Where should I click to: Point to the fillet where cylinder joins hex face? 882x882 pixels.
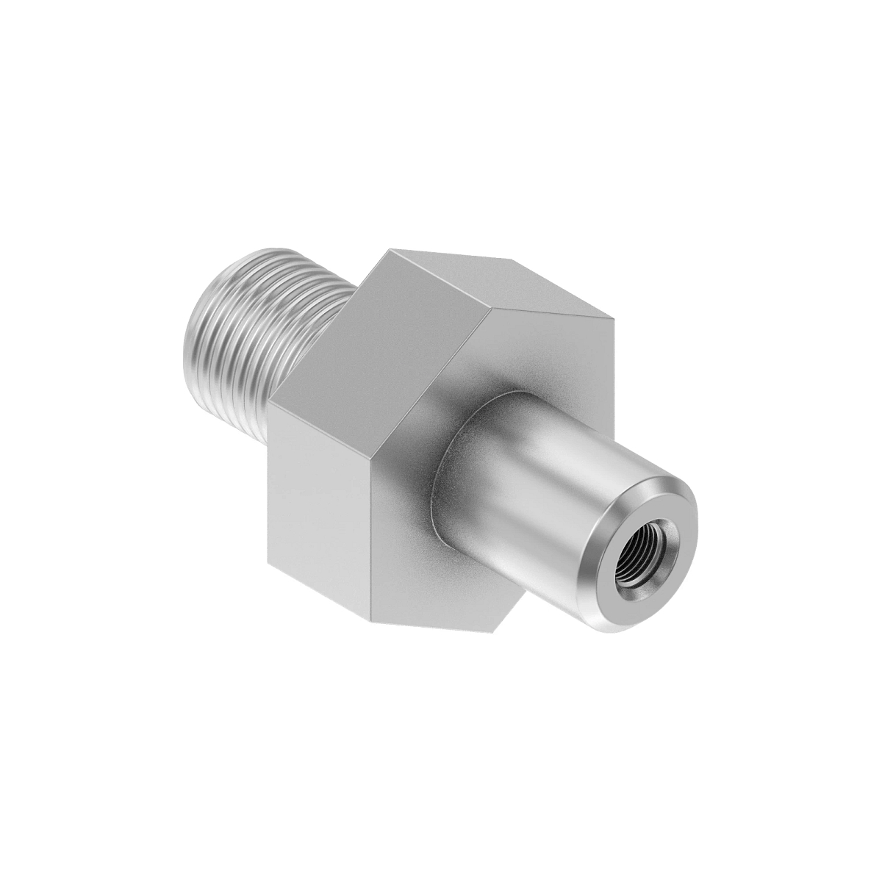click(x=441, y=470)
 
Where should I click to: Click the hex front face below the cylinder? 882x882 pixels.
click(x=456, y=581)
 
